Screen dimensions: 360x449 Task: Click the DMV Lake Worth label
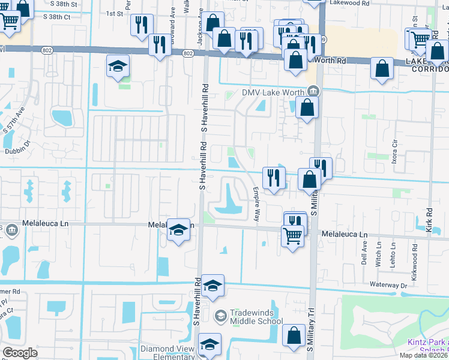pos(274,92)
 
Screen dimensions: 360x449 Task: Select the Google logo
pos(20,353)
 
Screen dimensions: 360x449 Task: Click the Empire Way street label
pos(256,204)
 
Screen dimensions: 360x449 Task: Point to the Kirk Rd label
pos(430,218)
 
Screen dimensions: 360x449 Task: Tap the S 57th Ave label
pos(13,120)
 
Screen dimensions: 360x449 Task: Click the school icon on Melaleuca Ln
pos(178,231)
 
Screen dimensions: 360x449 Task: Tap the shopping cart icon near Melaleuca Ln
pos(292,237)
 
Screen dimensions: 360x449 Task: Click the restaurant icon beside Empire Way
pos(274,178)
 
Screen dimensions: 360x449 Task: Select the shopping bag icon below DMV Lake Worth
pos(307,109)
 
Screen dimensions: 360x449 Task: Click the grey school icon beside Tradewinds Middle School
pos(220,316)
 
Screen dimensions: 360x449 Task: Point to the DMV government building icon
pos(313,91)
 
